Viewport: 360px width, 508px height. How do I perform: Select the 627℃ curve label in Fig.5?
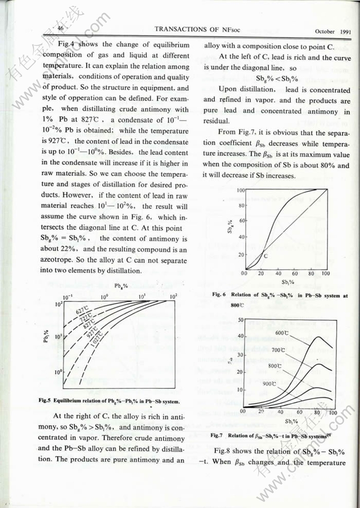point(82,312)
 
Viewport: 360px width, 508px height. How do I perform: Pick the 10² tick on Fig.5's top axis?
point(173,296)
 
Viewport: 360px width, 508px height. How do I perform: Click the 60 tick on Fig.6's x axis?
point(295,274)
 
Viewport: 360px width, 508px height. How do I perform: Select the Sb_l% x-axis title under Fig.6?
point(287,283)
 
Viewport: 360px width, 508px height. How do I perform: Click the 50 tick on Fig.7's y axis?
point(240,320)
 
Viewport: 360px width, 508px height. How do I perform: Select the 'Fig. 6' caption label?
point(220,295)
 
